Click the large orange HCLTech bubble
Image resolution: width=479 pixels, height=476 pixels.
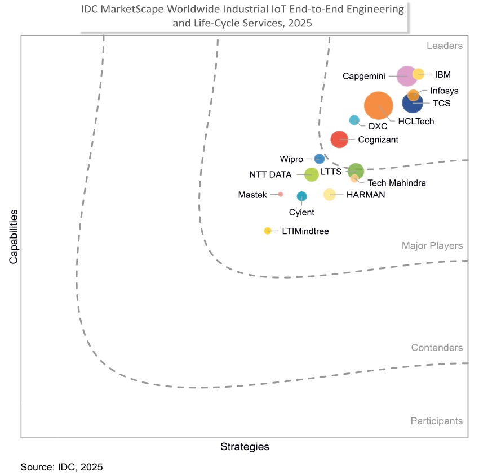click(x=379, y=105)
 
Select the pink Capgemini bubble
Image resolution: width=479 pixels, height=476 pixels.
click(x=407, y=75)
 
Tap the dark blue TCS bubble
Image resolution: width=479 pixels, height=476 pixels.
click(x=413, y=103)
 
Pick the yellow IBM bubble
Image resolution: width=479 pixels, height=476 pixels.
click(x=418, y=74)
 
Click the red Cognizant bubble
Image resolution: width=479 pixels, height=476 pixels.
click(x=339, y=139)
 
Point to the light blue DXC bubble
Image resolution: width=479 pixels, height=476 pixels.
click(x=354, y=120)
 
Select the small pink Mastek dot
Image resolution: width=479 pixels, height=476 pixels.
click(x=280, y=194)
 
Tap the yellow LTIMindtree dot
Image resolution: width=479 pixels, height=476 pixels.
click(x=268, y=231)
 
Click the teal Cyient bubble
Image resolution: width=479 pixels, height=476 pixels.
click(x=301, y=196)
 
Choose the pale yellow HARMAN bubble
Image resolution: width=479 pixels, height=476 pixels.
click(x=329, y=195)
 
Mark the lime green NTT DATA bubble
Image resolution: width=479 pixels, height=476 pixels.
click(x=311, y=174)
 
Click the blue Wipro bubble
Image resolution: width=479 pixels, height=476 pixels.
click(x=319, y=159)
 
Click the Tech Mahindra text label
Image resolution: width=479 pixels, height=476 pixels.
click(x=396, y=183)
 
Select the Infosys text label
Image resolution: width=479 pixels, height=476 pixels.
click(x=444, y=90)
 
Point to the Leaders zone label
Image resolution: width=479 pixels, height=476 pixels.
click(x=445, y=46)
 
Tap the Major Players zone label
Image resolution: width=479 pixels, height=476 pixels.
click(x=432, y=245)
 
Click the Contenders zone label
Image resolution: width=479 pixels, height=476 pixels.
click(x=437, y=348)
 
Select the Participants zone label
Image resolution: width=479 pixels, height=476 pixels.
click(x=436, y=421)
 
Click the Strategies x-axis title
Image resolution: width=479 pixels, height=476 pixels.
click(x=245, y=447)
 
